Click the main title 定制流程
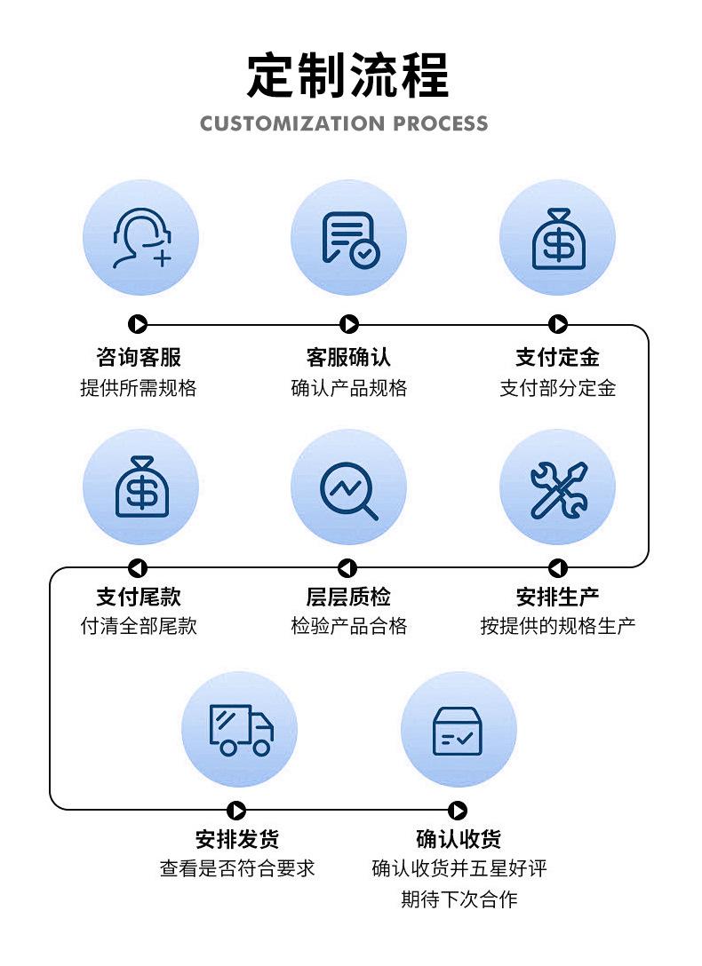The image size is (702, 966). [347, 75]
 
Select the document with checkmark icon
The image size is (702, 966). [350, 240]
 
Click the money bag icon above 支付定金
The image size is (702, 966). [558, 240]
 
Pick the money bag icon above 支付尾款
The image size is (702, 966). [142, 487]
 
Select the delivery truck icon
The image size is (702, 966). [241, 730]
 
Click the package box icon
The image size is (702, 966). [458, 731]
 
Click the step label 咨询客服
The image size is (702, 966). [139, 357]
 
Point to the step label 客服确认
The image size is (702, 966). [349, 357]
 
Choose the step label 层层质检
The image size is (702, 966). [349, 597]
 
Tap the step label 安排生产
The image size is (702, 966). [558, 597]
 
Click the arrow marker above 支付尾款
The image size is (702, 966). [138, 568]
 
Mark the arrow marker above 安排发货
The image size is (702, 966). [236, 810]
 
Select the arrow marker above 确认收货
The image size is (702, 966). [458, 810]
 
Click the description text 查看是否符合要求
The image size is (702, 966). [237, 868]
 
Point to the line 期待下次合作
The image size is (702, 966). [459, 899]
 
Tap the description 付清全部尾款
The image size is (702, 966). [139, 626]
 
